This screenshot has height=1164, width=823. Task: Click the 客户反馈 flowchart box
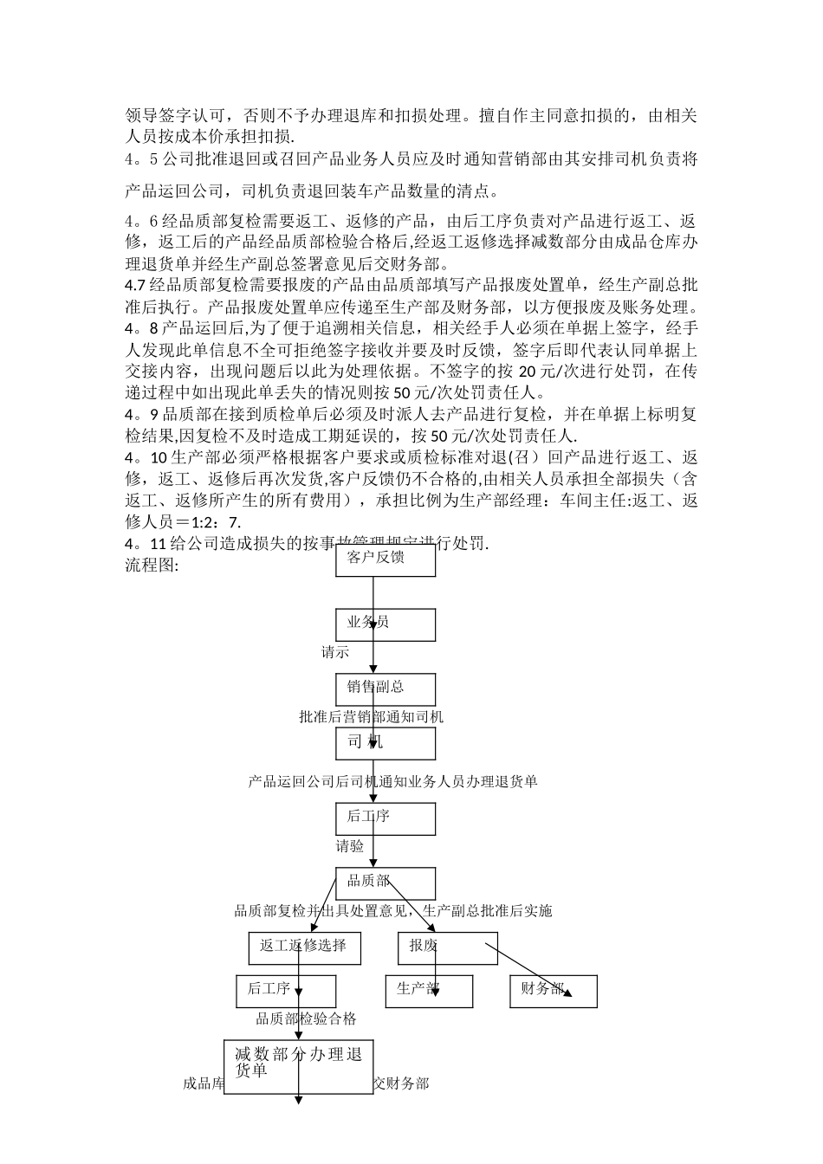386,560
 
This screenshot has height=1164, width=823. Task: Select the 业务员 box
386,624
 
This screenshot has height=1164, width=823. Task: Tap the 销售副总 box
386,689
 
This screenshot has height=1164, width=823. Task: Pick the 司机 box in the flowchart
386,743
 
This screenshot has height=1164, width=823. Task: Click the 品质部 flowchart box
386,883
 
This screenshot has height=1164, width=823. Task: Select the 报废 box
447,947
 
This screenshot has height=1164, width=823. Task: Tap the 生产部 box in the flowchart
429,991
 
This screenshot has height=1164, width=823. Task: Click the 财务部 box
553,991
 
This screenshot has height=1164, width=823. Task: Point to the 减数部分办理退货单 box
299,1066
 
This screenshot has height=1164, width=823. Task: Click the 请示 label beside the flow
335,652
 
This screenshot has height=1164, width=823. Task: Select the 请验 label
350,846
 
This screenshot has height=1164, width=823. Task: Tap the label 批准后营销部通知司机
371,717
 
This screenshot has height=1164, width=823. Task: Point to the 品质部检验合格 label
306,1019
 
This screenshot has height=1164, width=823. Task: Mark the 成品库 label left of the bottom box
204,1083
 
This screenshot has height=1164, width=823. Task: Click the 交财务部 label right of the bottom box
400,1083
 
